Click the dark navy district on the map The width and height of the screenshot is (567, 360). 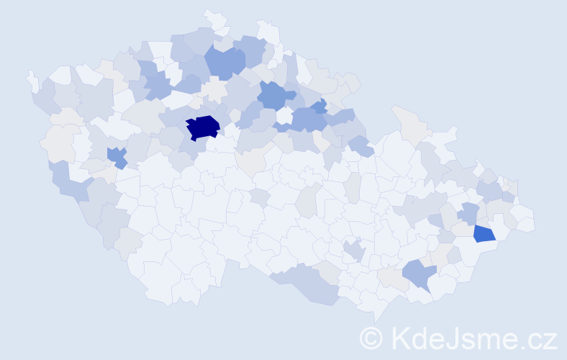coord(202,127)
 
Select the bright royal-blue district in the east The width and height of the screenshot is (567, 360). coord(484,233)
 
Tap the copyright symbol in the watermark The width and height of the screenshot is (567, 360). coord(371,337)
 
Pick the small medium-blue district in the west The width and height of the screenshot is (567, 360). coord(117,156)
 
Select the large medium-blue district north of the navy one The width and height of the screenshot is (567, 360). coord(224,60)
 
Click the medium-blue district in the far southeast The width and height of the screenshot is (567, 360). coord(419,274)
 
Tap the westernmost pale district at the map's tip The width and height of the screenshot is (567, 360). coord(32,79)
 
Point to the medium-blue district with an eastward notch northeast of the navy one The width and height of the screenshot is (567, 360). coord(275,94)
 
